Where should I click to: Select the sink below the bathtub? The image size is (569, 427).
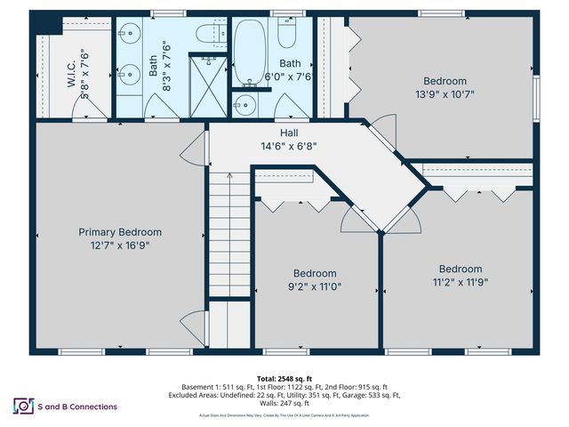[245, 105]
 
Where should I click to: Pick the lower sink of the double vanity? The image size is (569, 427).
[130, 77]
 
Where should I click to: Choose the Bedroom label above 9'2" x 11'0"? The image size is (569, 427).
[316, 273]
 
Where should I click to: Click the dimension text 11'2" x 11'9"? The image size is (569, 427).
[454, 282]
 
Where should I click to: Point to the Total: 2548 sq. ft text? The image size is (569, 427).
[284, 377]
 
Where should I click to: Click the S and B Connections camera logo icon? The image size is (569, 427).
[21, 406]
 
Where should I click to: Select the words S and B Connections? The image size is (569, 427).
[78, 407]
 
